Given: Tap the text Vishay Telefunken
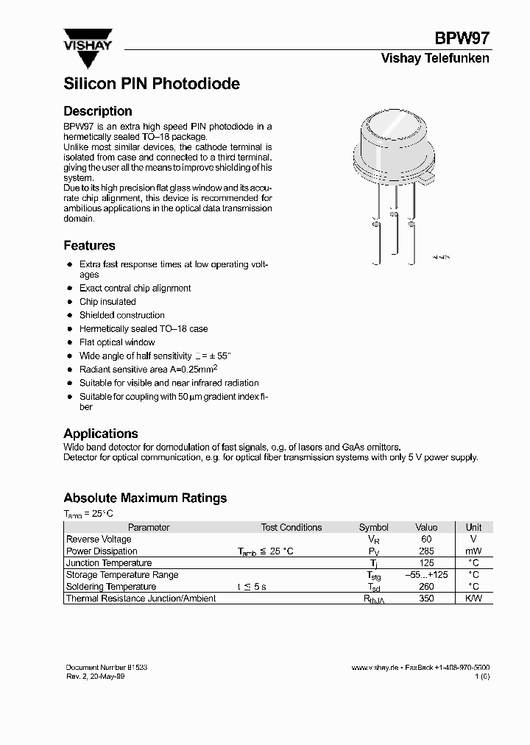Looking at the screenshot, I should pyautogui.click(x=434, y=59).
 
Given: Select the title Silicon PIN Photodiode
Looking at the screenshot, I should pyautogui.click(x=152, y=84).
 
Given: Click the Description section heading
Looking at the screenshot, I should pyautogui.click(x=98, y=111).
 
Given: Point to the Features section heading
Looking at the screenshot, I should pyautogui.click(x=89, y=246).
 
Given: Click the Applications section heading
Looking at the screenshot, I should pyautogui.click(x=101, y=434).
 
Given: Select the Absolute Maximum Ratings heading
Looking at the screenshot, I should pyautogui.click(x=145, y=498).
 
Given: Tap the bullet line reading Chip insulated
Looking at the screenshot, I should pyautogui.click(x=107, y=302).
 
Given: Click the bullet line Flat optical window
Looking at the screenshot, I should pyautogui.click(x=117, y=342).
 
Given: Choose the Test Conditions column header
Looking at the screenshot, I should pyautogui.click(x=291, y=528).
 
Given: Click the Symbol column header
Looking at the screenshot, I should pyautogui.click(x=373, y=528).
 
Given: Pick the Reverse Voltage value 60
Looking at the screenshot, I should pyautogui.click(x=426, y=540).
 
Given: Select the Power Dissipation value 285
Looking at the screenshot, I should pyautogui.click(x=426, y=551).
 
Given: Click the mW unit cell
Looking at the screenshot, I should pyautogui.click(x=474, y=551).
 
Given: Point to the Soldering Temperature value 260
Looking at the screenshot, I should pyautogui.click(x=426, y=587).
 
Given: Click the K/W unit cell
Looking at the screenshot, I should pyautogui.click(x=474, y=599).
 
